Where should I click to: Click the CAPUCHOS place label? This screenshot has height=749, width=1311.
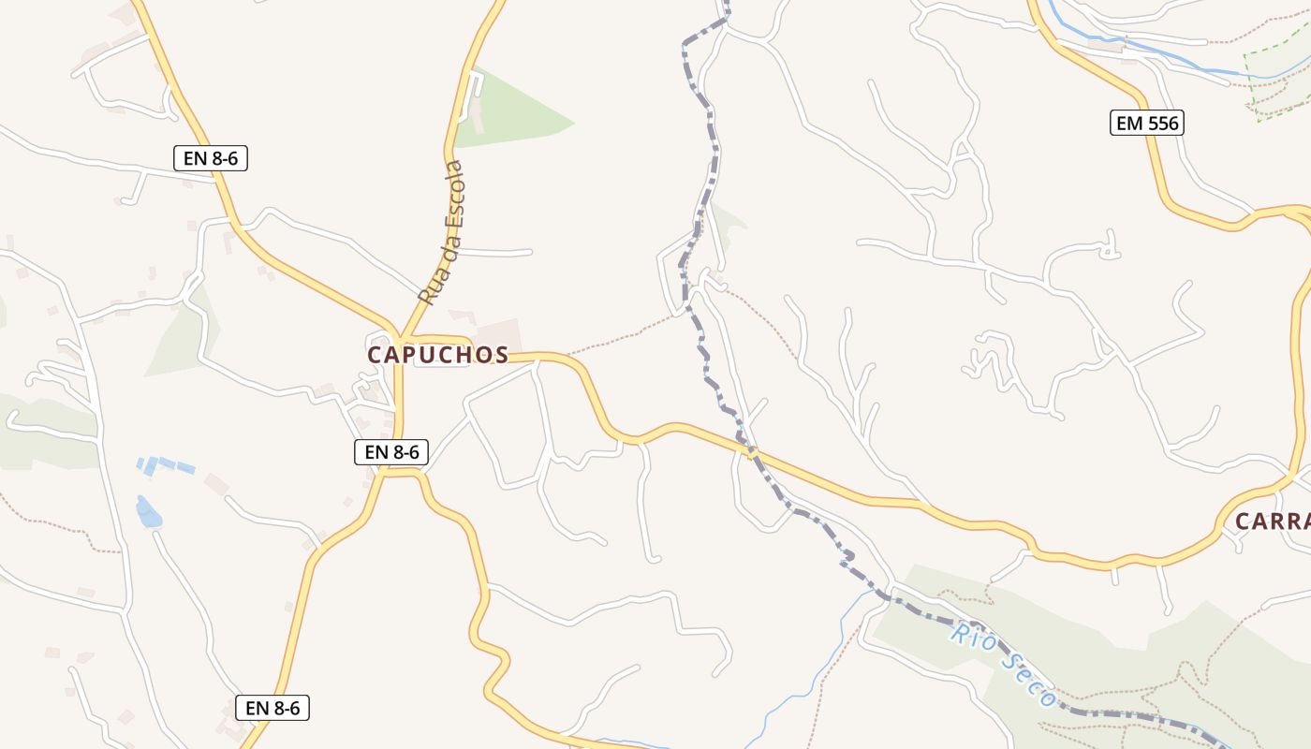point(437,355)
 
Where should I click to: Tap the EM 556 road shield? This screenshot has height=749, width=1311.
point(1146,123)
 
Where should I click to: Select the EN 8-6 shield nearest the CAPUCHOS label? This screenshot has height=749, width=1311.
point(391,452)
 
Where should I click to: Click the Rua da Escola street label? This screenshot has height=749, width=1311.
point(442,233)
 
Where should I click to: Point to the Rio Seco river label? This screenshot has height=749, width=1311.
point(1002,665)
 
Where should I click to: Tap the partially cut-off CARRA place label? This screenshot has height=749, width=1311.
point(1272,521)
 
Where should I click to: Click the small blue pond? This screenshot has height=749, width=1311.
point(148,512)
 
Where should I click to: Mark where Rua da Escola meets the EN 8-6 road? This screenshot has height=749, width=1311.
point(400,337)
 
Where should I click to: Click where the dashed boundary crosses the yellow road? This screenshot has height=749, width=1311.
point(749,450)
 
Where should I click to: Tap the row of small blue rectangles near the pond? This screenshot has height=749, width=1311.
point(166,464)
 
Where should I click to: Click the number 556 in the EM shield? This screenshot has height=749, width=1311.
point(1160,123)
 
